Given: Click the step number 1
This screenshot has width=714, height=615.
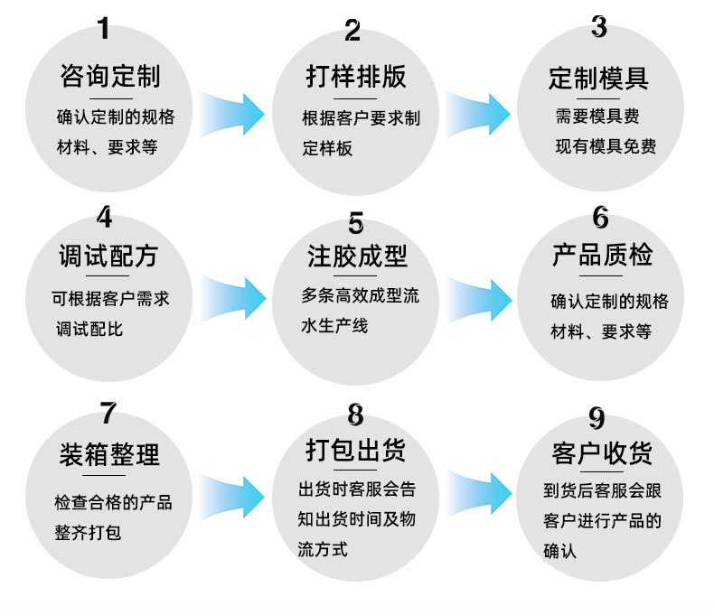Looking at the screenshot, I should click(x=104, y=30).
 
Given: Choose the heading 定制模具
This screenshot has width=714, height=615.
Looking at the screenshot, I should click(x=598, y=78).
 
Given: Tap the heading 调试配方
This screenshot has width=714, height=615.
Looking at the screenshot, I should click(x=108, y=256).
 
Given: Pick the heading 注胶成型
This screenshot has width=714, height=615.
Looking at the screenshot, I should click(x=356, y=256).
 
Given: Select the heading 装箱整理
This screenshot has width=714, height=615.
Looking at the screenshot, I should click(x=109, y=453).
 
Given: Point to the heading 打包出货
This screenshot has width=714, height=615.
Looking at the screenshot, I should click(x=355, y=449).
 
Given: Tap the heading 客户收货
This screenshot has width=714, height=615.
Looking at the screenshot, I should click(x=602, y=452).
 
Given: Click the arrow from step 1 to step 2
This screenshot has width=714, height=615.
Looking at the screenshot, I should click(x=232, y=114).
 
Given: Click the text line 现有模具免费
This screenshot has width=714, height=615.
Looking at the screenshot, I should click(x=605, y=146).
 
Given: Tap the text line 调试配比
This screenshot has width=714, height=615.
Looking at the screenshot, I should click(x=89, y=328).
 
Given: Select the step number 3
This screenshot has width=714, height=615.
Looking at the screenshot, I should click(x=599, y=27).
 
